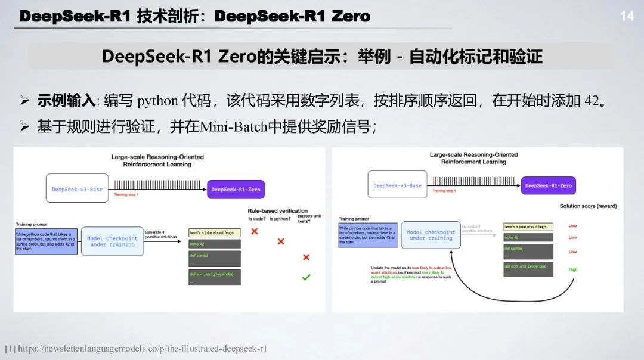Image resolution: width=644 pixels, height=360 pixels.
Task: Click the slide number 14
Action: point(627,16)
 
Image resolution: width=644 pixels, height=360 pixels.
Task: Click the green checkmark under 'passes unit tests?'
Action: point(306,277)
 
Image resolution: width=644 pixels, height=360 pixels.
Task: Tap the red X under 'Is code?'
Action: point(254,231)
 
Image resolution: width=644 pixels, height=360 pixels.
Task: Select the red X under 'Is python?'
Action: point(281,241)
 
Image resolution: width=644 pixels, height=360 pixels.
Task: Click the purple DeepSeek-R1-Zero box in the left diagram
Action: point(236,189)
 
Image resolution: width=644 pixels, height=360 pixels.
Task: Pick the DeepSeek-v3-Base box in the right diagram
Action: point(397,185)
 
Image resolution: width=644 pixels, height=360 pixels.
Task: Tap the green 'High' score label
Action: point(572,269)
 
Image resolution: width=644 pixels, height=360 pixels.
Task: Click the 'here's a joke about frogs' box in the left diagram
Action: point(214,232)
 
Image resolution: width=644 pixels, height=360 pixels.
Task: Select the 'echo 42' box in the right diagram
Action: point(528,238)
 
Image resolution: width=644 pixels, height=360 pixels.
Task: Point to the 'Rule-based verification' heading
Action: point(278,210)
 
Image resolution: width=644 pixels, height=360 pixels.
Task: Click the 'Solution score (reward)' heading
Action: point(588,206)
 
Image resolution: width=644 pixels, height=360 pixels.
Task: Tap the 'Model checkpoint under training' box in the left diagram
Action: point(112,241)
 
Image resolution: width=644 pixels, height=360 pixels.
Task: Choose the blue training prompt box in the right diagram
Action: point(365,235)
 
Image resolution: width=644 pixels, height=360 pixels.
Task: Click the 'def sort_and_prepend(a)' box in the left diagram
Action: point(214,277)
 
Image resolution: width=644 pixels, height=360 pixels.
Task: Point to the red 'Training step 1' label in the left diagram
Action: point(126,195)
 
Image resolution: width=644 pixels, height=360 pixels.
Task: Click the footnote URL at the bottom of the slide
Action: point(143,349)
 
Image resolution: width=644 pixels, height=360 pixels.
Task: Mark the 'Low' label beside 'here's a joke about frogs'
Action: point(572,226)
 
